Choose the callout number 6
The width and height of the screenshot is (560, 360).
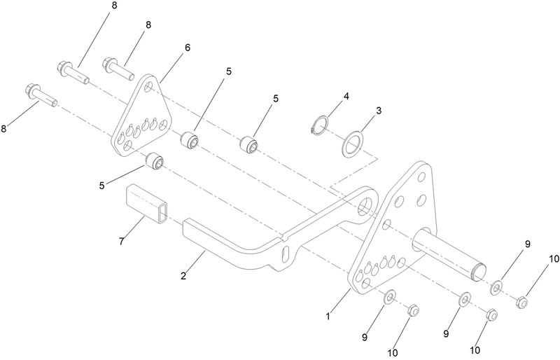tap(187, 47)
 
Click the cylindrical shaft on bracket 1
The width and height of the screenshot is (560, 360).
tap(448, 252)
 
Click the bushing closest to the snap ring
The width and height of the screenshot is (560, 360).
tap(250, 145)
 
